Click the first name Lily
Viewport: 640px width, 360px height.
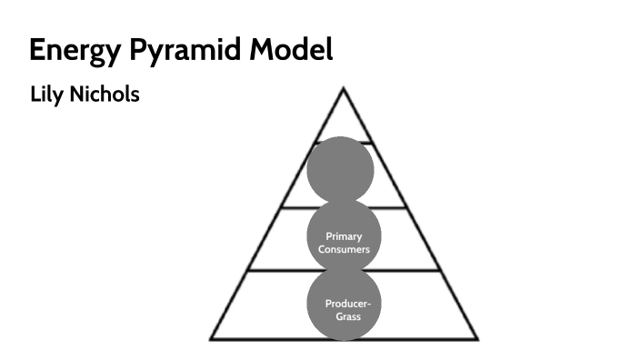pos(47,94)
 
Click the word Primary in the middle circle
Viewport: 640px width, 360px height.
pos(344,236)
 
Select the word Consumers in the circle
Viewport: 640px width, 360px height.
pos(344,248)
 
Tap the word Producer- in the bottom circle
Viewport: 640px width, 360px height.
pos(344,304)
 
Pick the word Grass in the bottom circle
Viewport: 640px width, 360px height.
pos(344,315)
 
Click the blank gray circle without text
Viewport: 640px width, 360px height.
pos(341,170)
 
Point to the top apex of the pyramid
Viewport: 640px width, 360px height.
pos(343,87)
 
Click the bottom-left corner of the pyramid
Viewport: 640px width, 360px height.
pos(211,339)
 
